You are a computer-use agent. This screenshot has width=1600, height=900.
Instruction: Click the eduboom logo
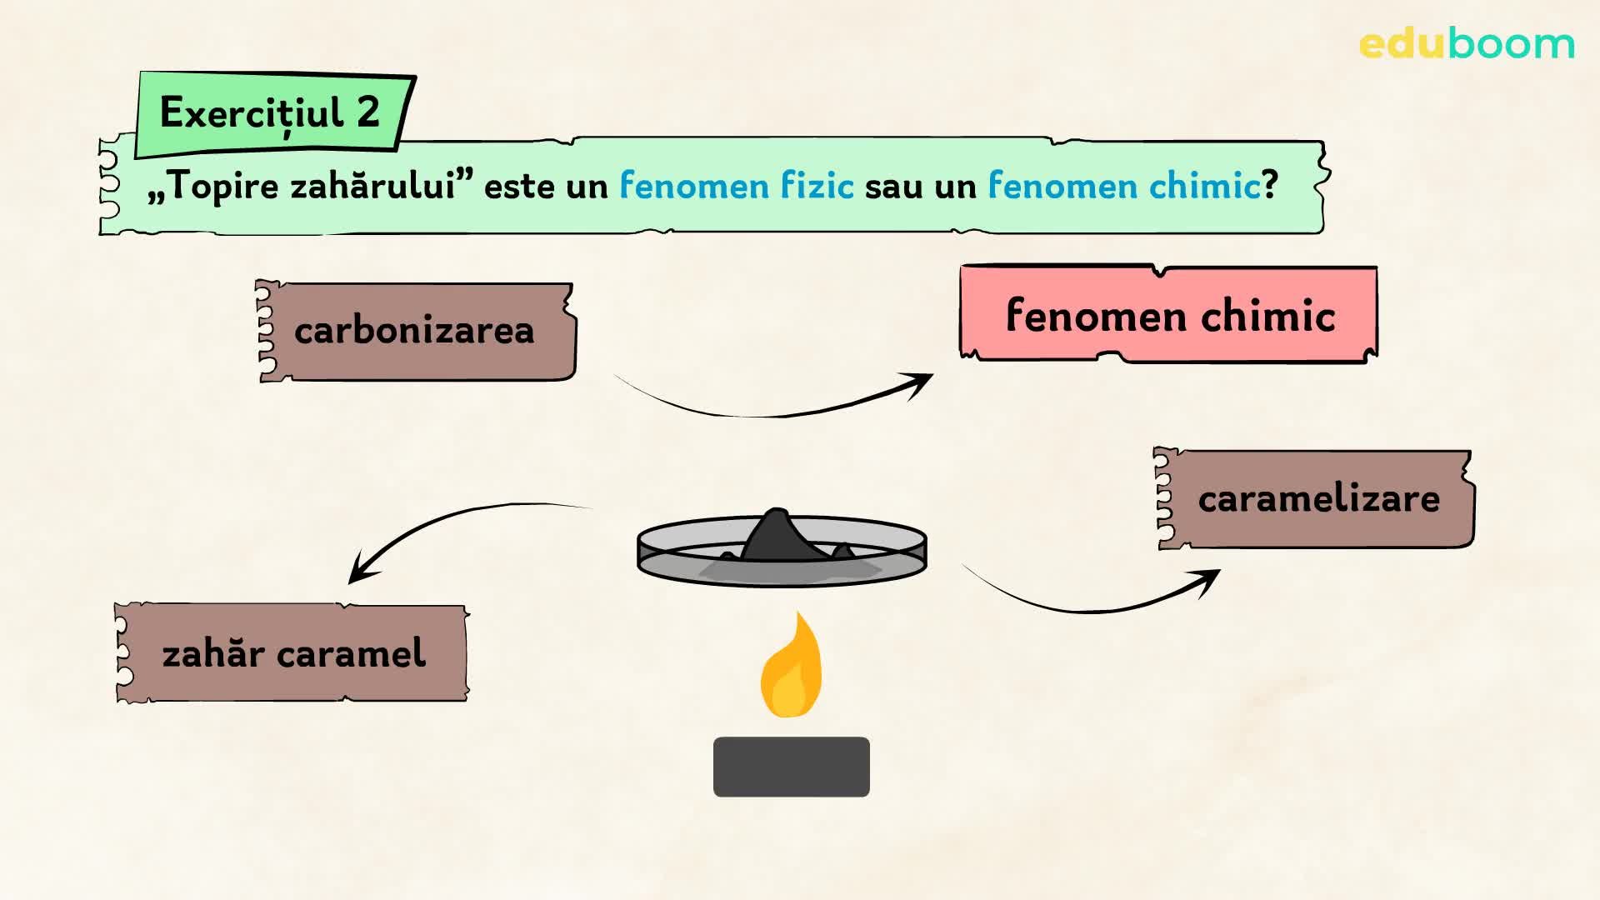(1466, 44)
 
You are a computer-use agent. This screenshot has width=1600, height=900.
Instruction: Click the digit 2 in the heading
(367, 112)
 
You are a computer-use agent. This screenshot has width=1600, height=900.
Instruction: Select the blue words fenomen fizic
(736, 185)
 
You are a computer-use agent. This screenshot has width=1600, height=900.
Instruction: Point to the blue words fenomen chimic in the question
(1123, 185)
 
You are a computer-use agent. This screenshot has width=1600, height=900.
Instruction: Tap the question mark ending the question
(1269, 185)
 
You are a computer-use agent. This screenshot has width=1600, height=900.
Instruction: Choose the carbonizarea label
(415, 331)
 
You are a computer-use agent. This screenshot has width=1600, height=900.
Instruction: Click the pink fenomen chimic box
(1168, 315)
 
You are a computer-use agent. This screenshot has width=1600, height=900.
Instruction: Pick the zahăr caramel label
(292, 652)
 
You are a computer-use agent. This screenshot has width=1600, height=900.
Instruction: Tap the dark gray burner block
(791, 767)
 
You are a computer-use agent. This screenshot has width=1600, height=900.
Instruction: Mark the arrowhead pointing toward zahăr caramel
(359, 571)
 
